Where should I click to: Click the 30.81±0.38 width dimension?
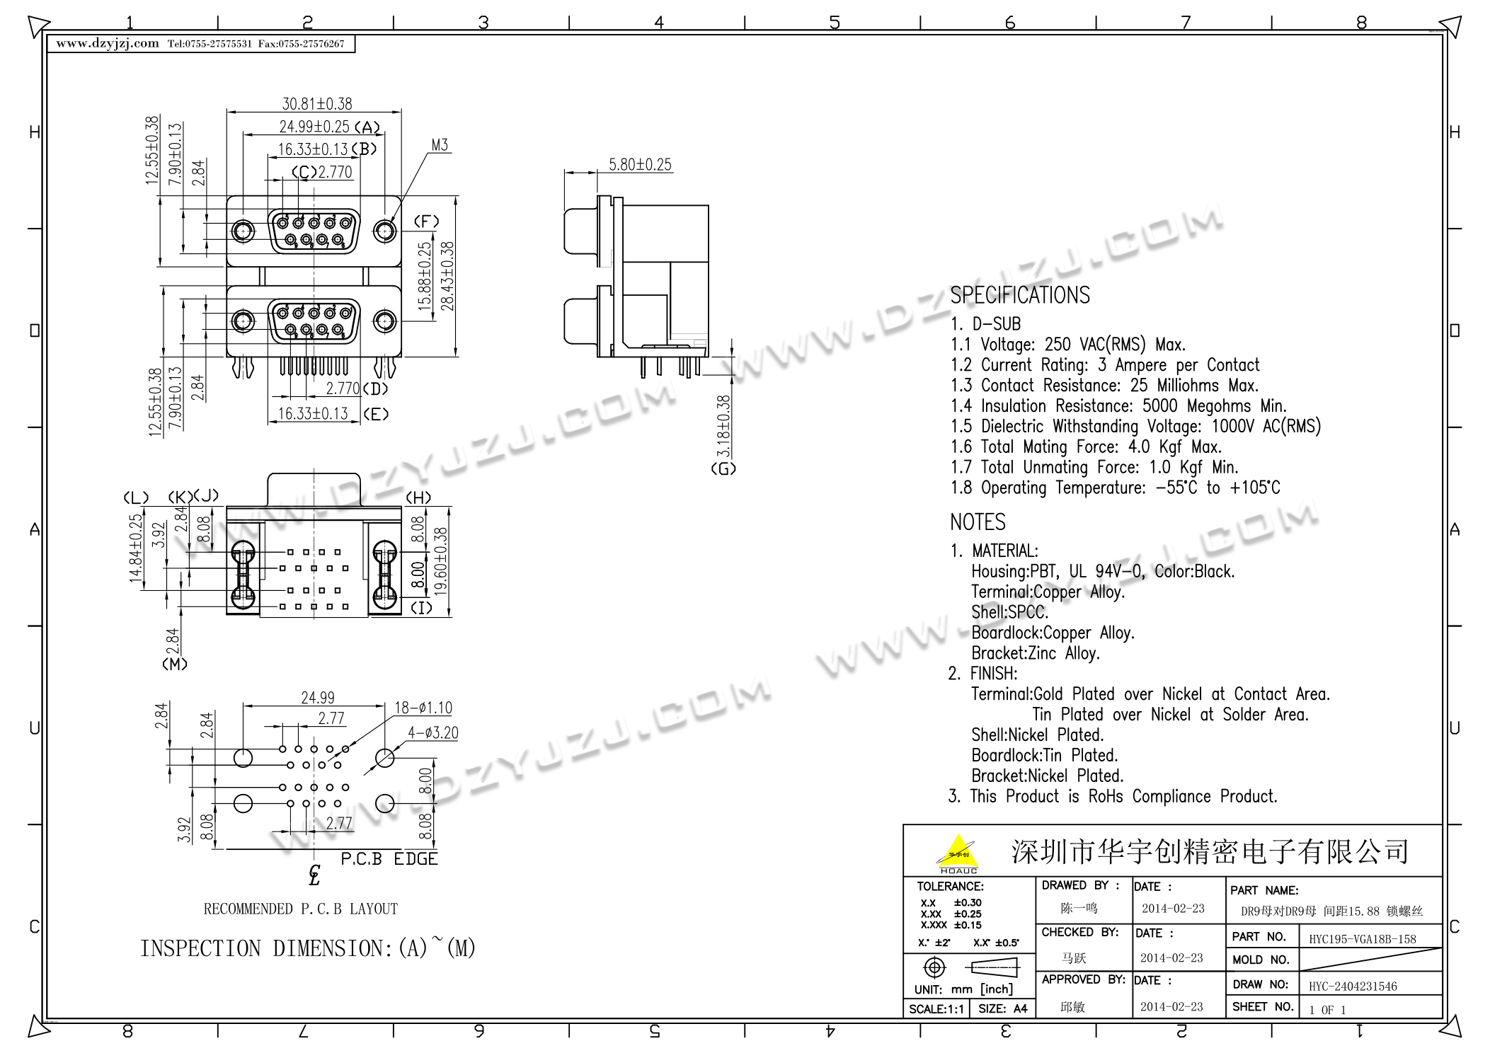(317, 104)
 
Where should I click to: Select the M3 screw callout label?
(440, 145)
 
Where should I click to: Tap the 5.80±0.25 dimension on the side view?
(640, 165)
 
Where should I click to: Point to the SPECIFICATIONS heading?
(1019, 295)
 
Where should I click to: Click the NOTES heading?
(978, 522)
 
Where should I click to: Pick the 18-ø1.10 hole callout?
(423, 708)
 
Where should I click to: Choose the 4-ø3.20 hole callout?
(432, 732)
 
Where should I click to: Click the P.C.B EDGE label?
(389, 859)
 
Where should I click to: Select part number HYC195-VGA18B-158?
(1362, 939)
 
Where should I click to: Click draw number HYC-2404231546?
(1352, 986)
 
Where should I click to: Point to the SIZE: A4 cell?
(1002, 1009)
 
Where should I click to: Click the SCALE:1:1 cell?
(936, 1009)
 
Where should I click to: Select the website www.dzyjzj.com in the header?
(108, 43)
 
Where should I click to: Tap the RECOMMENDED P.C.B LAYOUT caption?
(301, 909)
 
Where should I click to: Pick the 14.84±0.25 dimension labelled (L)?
(135, 548)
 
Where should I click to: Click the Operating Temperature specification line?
(1115, 488)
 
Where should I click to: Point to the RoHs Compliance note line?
(1113, 796)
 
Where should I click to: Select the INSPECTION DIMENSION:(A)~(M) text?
(307, 948)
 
